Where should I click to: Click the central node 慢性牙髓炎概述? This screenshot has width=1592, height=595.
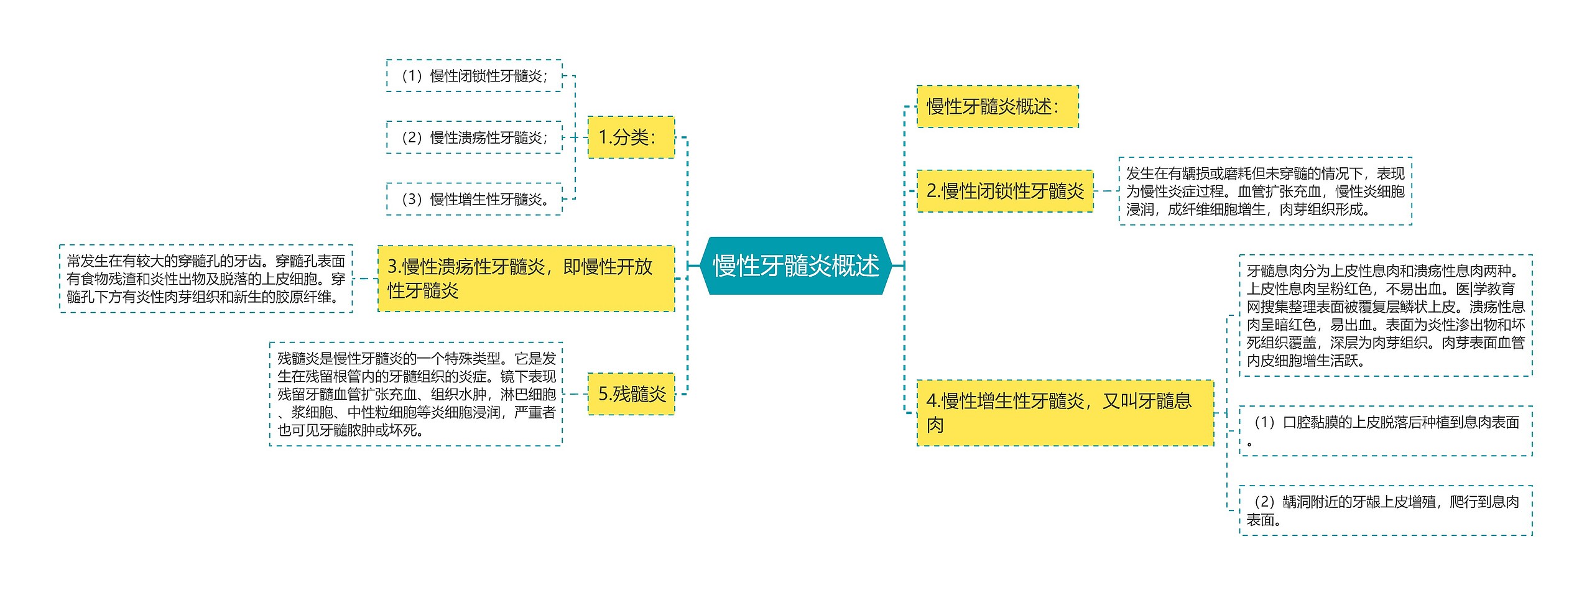796,265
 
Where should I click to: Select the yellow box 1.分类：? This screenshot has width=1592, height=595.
631,137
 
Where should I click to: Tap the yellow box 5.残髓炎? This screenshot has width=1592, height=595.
631,394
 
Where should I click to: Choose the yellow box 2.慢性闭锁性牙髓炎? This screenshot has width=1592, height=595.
1005,191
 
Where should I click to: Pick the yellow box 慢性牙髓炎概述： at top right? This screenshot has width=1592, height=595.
997,106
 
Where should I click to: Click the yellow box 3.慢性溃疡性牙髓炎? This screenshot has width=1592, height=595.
526,278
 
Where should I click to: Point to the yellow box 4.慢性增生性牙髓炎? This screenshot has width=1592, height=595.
1065,413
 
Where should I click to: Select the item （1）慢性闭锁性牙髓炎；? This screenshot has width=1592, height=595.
474,76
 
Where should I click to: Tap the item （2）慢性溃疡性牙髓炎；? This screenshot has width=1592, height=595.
474,137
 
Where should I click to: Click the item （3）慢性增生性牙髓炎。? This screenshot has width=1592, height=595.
474,199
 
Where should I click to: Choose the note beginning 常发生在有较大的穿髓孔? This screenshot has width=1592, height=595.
206,279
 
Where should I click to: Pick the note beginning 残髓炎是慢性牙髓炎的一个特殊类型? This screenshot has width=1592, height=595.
415,394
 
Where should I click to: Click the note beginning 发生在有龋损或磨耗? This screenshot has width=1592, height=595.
1265,191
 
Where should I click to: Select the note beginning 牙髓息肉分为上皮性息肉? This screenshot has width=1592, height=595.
1386,315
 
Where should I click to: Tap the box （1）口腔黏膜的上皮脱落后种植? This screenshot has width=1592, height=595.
1386,430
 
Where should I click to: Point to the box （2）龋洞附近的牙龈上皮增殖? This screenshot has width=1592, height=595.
1386,510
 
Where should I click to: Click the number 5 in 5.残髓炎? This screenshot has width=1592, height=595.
603,394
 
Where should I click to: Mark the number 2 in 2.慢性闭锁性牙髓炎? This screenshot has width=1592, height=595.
932,191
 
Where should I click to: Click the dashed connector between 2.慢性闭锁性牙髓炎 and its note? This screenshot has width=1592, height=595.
1106,191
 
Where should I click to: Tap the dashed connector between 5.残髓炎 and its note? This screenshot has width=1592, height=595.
575,394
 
